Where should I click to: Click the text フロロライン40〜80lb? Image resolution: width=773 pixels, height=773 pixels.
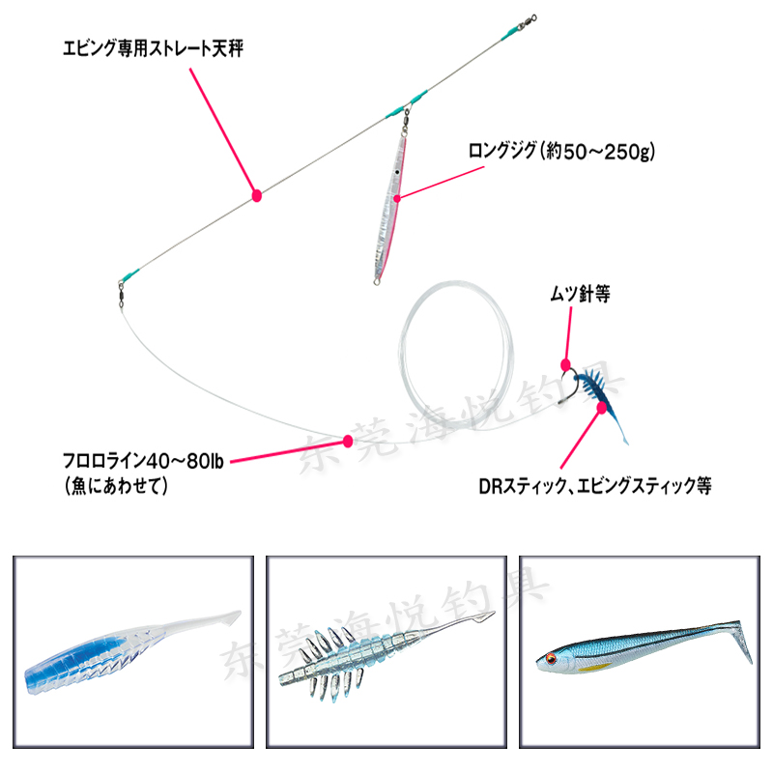tap(142, 461)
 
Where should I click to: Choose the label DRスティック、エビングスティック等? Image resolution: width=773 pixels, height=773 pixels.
tap(594, 486)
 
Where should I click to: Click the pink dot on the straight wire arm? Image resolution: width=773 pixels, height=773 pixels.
tap(257, 195)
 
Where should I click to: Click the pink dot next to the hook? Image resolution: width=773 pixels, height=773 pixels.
tap(566, 363)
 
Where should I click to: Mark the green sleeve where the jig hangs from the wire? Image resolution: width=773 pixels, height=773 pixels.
tap(406, 102)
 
